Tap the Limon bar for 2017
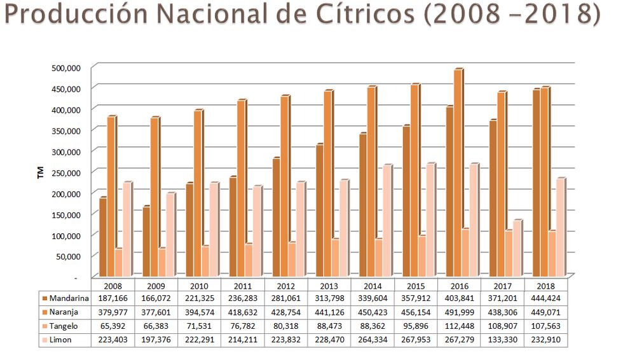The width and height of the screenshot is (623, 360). click(x=517, y=249)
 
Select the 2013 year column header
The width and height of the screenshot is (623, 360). click(x=329, y=286)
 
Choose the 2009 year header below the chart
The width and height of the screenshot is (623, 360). click(x=156, y=286)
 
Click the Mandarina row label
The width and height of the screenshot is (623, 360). click(x=69, y=298)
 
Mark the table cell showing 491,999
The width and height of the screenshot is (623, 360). click(x=459, y=312)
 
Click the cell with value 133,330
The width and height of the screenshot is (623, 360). click(x=502, y=340)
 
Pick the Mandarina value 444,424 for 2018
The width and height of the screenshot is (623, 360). click(x=545, y=298)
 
